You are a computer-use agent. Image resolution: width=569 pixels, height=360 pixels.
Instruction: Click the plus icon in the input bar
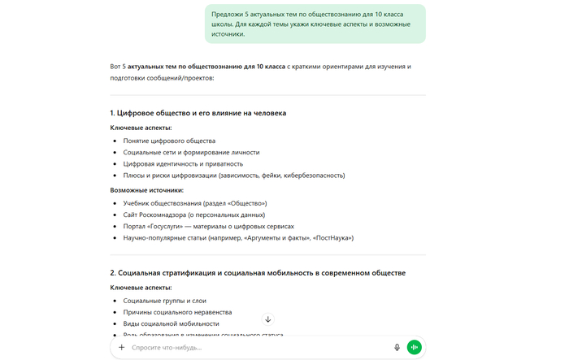pos(122,347)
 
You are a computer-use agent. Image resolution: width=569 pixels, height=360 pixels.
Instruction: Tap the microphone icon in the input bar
pos(397,347)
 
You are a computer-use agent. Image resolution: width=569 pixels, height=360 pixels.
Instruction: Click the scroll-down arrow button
pos(268,319)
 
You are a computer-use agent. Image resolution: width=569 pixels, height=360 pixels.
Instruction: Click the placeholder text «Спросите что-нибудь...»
pos(167,347)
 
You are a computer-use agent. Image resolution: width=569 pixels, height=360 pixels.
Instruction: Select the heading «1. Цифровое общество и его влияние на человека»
pos(198,113)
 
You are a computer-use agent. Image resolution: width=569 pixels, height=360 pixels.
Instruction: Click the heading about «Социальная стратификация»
pos(258,272)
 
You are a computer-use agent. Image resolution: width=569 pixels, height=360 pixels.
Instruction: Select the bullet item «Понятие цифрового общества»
pos(169,141)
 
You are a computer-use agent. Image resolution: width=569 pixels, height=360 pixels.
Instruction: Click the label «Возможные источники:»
pos(146,189)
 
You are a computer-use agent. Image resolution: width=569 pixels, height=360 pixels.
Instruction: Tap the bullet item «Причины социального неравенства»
pos(177,312)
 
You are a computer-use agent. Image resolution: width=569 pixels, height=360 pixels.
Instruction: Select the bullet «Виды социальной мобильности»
pos(171,323)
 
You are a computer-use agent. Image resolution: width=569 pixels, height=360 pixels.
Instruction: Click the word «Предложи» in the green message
pos(227,15)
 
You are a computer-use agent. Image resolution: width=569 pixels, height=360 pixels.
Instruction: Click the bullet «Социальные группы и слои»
pos(165,301)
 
